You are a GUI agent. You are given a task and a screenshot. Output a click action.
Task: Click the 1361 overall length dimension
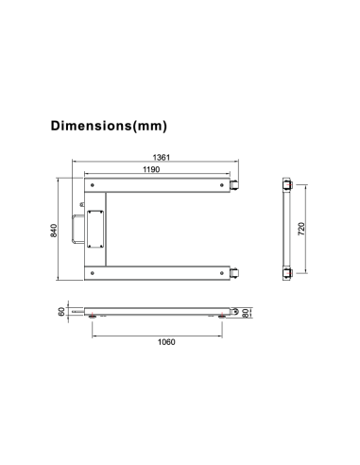[162, 158]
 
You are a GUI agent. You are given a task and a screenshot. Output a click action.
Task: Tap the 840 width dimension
[55, 230]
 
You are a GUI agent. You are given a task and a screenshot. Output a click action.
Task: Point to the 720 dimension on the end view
[301, 229]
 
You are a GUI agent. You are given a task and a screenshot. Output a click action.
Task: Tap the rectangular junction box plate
[95, 228]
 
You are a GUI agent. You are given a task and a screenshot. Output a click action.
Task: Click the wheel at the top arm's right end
[233, 186]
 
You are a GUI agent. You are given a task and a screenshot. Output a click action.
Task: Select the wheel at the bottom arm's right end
[233, 272]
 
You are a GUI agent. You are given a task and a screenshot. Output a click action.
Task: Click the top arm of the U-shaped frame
[157, 186]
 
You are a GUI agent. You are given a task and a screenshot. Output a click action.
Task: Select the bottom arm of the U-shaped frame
[157, 272]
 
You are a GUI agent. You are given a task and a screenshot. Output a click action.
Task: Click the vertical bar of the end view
[284, 229]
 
